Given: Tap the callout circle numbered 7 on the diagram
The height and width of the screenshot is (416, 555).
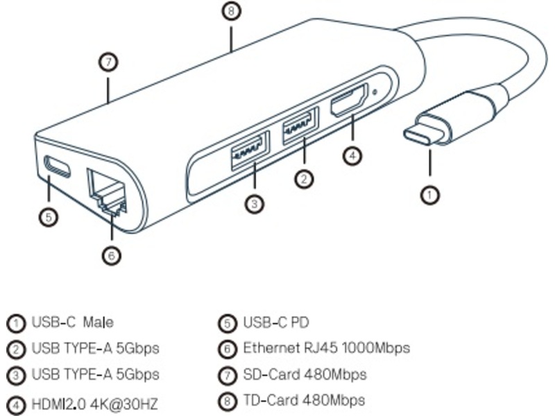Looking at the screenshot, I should (108, 62).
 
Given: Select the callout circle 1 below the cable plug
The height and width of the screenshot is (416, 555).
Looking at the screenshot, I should (431, 195).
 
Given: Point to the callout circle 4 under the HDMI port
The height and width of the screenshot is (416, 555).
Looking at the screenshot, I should (352, 154).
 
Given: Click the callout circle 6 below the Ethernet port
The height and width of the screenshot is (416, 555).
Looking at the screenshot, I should (112, 255).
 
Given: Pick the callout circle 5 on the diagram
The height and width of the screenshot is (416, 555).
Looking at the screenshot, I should (47, 217).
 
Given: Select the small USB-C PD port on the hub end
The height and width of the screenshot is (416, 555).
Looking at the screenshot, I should (58, 166).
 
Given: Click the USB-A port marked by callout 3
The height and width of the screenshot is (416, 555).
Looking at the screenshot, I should (248, 147).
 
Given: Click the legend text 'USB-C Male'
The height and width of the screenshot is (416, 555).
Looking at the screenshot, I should (72, 322).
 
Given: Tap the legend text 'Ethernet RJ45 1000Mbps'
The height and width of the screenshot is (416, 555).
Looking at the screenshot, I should (326, 348).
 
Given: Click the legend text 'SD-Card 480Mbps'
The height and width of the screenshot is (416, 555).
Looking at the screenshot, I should (305, 374).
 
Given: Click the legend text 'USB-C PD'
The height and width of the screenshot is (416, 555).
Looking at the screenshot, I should (275, 322).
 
